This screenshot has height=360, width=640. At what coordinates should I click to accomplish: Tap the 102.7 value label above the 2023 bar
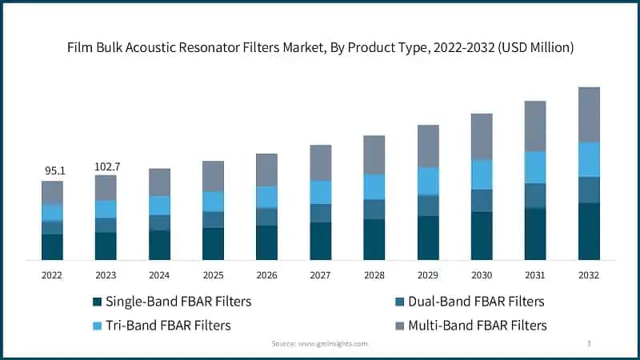point(106,166)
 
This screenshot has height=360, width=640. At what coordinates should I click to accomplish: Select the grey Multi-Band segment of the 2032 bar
point(589,114)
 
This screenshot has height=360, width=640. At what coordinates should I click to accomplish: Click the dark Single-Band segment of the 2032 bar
point(589,231)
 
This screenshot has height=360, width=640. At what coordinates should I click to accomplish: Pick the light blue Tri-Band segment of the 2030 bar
point(482,174)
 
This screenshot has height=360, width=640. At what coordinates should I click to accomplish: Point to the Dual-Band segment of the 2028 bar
point(374,209)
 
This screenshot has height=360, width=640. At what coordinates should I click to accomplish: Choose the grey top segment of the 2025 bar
point(213,176)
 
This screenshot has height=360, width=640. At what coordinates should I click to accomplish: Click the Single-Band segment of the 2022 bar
point(52,246)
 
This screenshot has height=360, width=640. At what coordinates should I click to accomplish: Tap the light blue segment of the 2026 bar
point(266,197)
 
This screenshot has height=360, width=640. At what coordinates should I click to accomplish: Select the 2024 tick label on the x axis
point(159,274)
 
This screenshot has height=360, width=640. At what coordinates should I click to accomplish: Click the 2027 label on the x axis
point(320,274)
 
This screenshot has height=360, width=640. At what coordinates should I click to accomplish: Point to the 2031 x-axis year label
point(535,274)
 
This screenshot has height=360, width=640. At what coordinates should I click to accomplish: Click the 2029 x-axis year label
point(428,274)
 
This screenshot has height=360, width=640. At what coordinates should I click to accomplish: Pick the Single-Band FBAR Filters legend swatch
point(98,302)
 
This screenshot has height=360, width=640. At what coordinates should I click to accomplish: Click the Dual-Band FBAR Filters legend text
point(476,302)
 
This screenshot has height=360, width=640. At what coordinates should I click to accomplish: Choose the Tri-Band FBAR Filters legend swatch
point(98,326)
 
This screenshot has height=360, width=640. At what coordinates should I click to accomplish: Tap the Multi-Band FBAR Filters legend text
point(478,326)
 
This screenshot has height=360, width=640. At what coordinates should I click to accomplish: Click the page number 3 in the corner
point(589,343)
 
